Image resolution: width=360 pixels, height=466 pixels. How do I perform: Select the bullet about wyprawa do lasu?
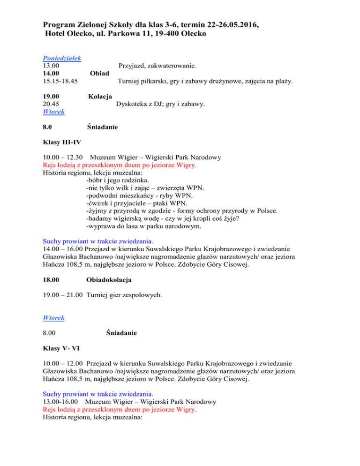click(x=144, y=226)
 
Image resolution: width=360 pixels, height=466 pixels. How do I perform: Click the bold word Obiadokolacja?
click(x=109, y=280)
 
